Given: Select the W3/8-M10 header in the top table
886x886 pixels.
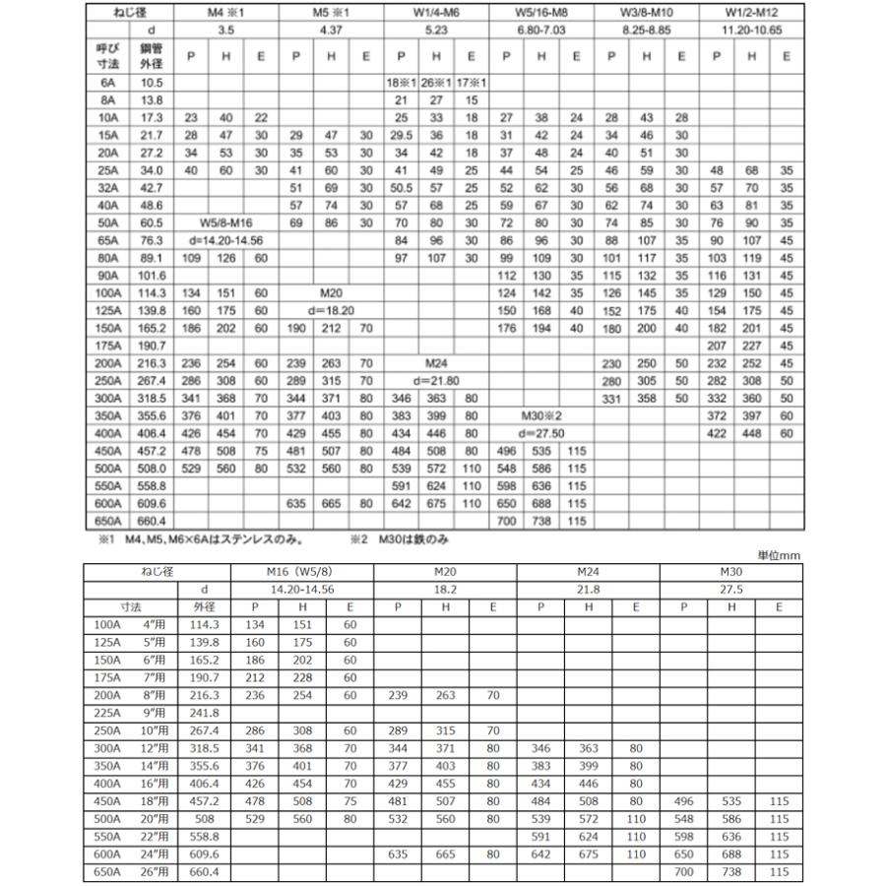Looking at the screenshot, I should click(646, 13).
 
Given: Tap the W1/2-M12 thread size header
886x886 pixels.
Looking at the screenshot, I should click(751, 13).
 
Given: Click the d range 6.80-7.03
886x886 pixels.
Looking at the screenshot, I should click(540, 31).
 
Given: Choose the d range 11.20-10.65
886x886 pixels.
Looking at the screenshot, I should click(751, 31).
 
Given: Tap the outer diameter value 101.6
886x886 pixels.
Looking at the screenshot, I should click(151, 276).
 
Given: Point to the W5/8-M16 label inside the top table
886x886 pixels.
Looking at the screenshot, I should click(225, 223).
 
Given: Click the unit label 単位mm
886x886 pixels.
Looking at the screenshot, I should click(778, 556).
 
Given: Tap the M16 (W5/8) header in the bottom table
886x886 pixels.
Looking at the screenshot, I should click(301, 572).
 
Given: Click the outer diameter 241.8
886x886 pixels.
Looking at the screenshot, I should click(203, 712).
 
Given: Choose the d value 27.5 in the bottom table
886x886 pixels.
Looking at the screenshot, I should click(731, 590).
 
